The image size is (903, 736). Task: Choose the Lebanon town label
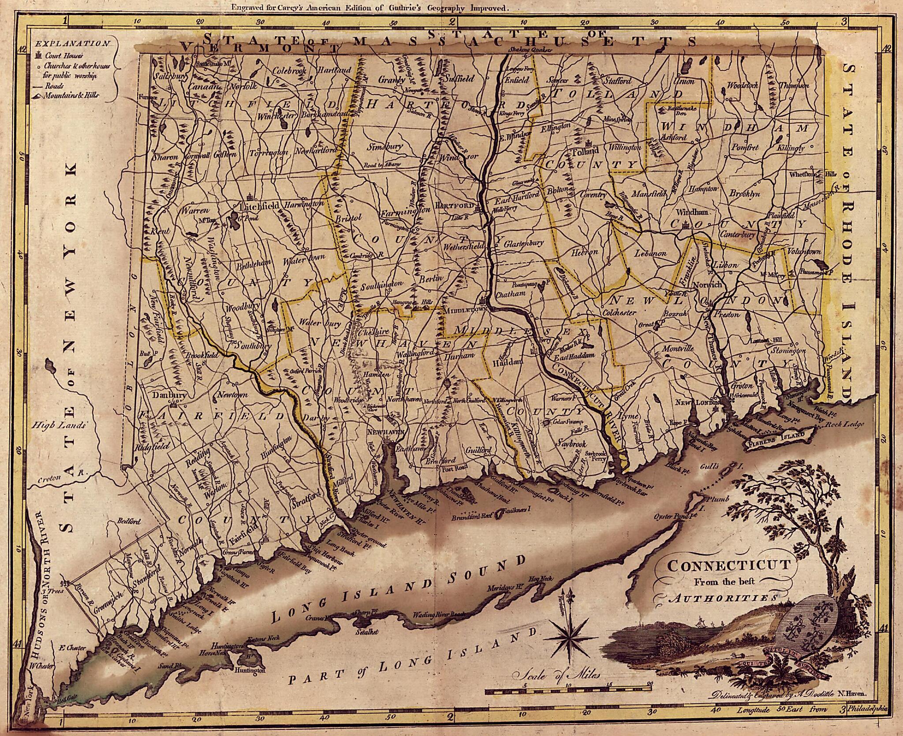[x=650, y=253]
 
